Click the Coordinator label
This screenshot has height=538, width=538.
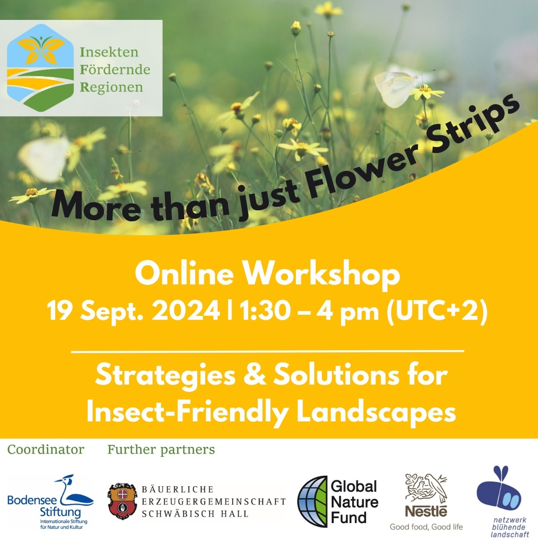pos(45,450)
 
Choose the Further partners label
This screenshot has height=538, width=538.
pos(161,450)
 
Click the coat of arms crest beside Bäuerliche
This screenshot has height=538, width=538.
pos(122,501)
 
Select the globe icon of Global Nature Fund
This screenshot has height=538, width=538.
pos(312,501)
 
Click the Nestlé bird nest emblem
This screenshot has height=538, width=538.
pos(425,488)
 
